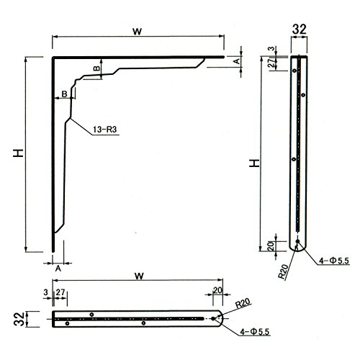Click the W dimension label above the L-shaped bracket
[x=138, y=32]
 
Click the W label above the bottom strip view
[x=139, y=276]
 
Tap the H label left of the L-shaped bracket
[x=19, y=153]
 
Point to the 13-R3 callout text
[x=105, y=130]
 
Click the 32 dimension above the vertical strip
[x=300, y=30]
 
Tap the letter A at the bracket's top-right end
[x=237, y=61]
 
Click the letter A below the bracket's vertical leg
[x=58, y=269]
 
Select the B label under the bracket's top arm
[x=96, y=68]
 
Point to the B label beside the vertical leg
[x=64, y=94]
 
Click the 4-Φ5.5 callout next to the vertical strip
[x=334, y=261]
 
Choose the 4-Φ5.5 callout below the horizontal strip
[x=255, y=332]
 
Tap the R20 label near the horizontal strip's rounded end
[x=243, y=304]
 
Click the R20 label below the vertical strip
[x=283, y=272]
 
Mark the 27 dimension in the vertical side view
[x=271, y=63]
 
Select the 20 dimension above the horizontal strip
[x=217, y=290]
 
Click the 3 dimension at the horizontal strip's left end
[x=46, y=292]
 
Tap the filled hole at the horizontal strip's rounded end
[x=213, y=318]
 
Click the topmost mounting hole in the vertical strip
[x=294, y=71]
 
